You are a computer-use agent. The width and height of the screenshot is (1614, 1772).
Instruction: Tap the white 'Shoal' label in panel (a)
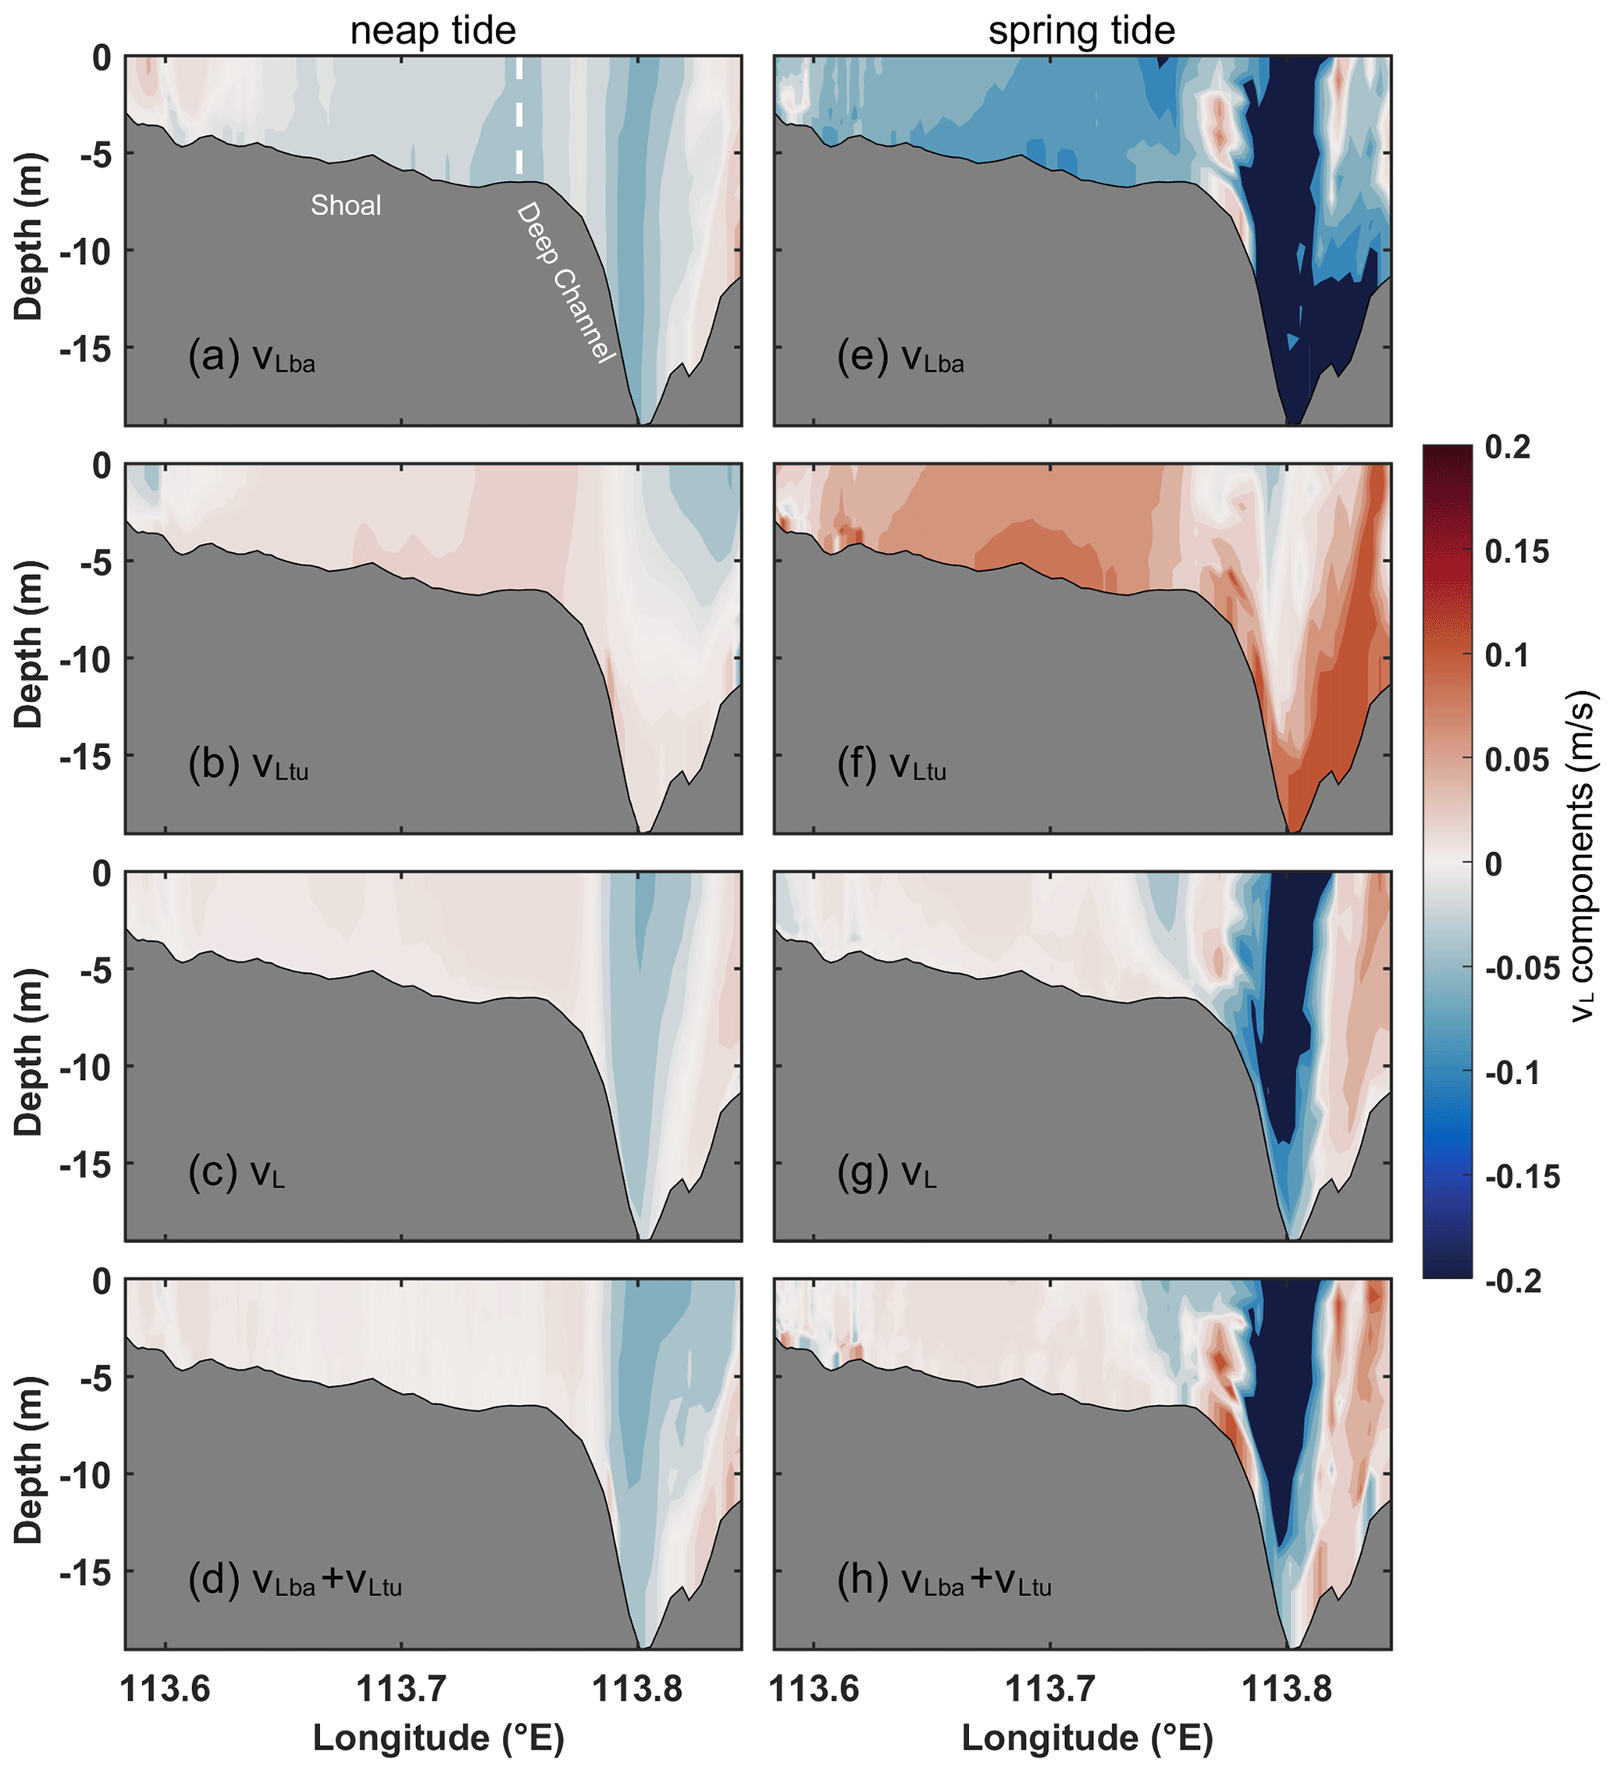346,205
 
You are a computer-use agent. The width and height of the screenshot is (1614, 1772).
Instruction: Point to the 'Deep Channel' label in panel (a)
566,282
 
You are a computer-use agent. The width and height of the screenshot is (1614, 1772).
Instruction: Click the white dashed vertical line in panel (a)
519,114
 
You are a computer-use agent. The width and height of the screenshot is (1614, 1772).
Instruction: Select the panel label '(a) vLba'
251,358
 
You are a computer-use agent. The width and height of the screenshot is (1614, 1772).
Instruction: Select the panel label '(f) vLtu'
891,765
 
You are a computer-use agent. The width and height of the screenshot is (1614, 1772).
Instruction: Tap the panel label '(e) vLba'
900,358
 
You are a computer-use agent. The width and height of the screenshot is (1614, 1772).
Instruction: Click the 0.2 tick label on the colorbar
1508,447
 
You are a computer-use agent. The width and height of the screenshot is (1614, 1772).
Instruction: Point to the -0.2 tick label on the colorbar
1514,1281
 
